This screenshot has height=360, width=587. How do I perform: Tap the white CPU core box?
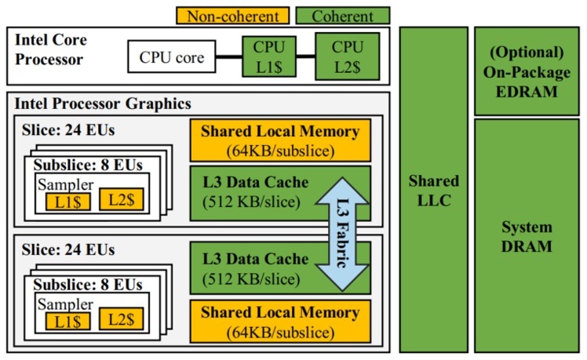[x=171, y=56]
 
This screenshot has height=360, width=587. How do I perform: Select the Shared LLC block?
[x=432, y=189]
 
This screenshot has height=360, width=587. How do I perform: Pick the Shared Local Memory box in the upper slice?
[x=280, y=139]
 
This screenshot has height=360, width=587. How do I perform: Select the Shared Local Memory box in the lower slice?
[x=280, y=321]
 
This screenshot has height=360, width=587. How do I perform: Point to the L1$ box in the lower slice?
[x=68, y=320]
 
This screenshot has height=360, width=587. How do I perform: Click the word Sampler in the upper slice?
[x=66, y=185]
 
